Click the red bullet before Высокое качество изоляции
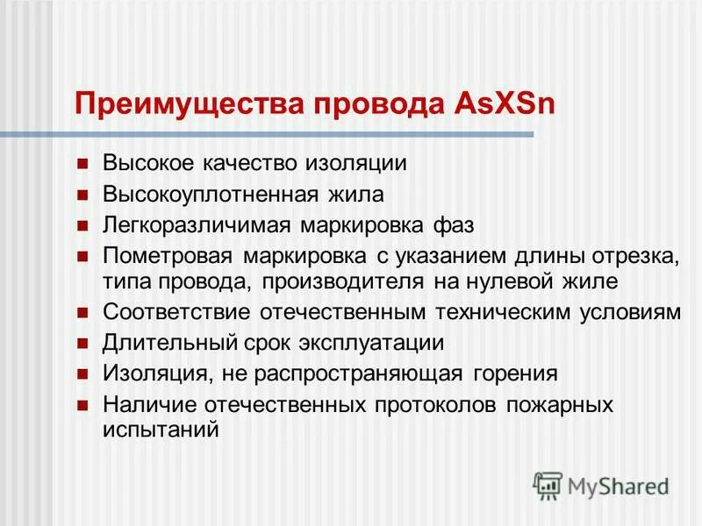[83, 163]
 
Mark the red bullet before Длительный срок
[83, 343]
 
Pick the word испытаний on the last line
[159, 430]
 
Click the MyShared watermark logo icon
[548, 484]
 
